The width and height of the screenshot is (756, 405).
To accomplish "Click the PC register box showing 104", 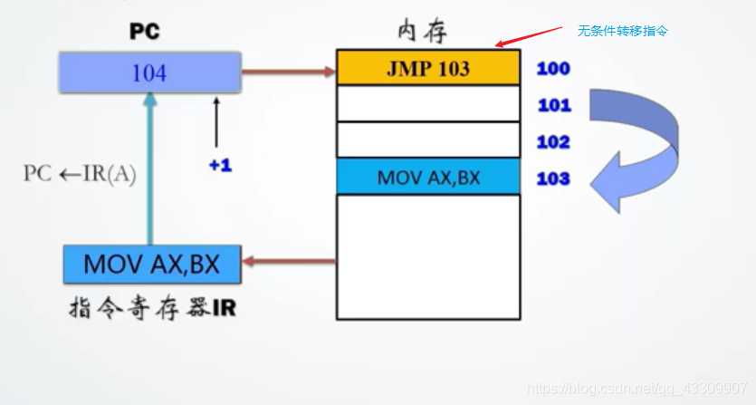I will pos(149,72).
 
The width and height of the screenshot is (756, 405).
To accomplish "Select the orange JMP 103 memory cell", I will pos(428,68).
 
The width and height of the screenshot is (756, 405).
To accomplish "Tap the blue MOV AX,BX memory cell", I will pos(428,177).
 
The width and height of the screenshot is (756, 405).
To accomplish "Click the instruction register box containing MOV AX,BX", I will pos(153,264).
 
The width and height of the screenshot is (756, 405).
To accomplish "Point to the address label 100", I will pos(553,68).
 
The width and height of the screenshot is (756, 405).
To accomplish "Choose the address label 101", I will pos(554,105).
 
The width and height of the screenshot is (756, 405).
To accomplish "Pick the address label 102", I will pos(553,142).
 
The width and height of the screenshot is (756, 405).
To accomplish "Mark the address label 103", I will pos(553,178).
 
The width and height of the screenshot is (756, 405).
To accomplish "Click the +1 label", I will pos(220,166).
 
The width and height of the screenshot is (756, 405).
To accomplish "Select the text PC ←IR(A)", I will pos(80,175).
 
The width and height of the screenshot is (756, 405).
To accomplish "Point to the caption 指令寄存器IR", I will pos(153,307).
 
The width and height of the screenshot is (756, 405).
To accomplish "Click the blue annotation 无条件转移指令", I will pos(623,30).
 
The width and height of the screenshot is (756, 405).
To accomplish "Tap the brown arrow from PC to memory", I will pos(288,69).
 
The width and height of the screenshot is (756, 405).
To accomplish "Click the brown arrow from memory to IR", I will pos(290,264).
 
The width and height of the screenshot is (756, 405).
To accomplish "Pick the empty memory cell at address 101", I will pos(428,103).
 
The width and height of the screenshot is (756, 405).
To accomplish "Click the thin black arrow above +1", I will pos(216,122).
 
